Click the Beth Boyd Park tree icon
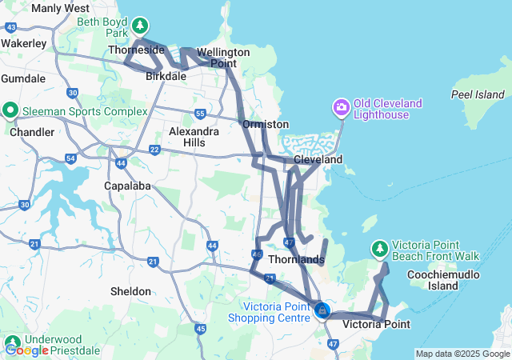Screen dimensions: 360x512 pyautogui.click(x=141, y=26)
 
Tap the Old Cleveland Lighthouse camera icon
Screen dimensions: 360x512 pyautogui.click(x=342, y=106)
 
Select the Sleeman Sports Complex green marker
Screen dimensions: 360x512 pyautogui.click(x=10, y=110)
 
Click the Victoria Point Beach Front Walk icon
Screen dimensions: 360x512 pyautogui.click(x=379, y=250)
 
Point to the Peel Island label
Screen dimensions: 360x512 pyautogui.click(x=478, y=94)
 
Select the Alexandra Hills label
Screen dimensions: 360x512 pyautogui.click(x=189, y=137)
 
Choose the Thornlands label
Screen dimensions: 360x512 pyautogui.click(x=295, y=259)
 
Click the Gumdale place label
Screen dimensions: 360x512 pyautogui.click(x=24, y=78)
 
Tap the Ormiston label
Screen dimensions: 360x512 pyautogui.click(x=266, y=125)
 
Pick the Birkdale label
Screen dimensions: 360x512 pyautogui.click(x=166, y=77)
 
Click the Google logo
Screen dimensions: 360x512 pyautogui.click(x=27, y=350)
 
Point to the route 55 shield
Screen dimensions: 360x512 pyautogui.click(x=200, y=114)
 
